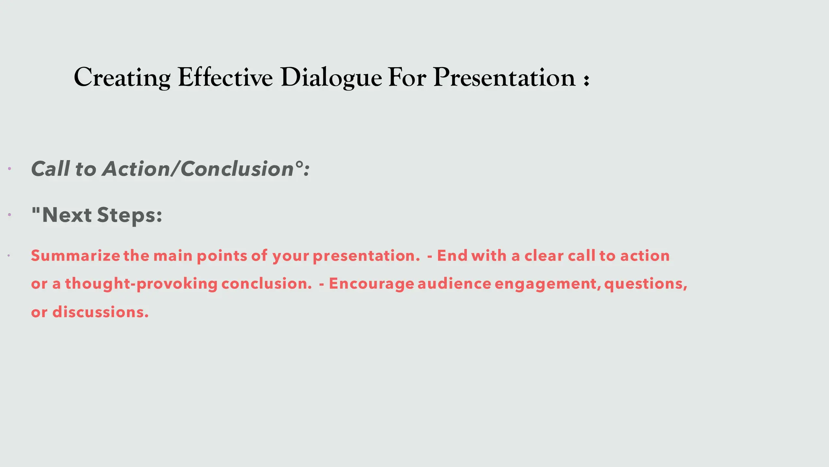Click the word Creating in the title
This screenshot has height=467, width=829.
click(122, 77)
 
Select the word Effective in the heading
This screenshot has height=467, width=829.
click(225, 77)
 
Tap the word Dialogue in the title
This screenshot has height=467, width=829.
click(331, 77)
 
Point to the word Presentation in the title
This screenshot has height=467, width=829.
click(504, 77)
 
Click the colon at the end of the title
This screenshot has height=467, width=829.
click(586, 80)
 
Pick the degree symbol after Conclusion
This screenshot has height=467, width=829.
click(299, 164)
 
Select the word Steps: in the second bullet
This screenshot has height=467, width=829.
click(130, 215)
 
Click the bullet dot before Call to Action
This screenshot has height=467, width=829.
click(9, 168)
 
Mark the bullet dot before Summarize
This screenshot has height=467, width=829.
click(9, 255)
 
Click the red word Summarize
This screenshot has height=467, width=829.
click(75, 256)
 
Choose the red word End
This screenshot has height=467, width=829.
click(452, 256)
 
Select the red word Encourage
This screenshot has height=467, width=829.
click(371, 284)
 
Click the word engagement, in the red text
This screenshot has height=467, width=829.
click(548, 284)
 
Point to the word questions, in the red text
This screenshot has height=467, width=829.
click(646, 284)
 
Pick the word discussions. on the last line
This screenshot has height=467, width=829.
click(100, 312)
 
